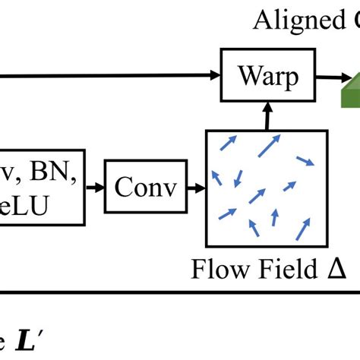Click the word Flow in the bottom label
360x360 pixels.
click(218, 270)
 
